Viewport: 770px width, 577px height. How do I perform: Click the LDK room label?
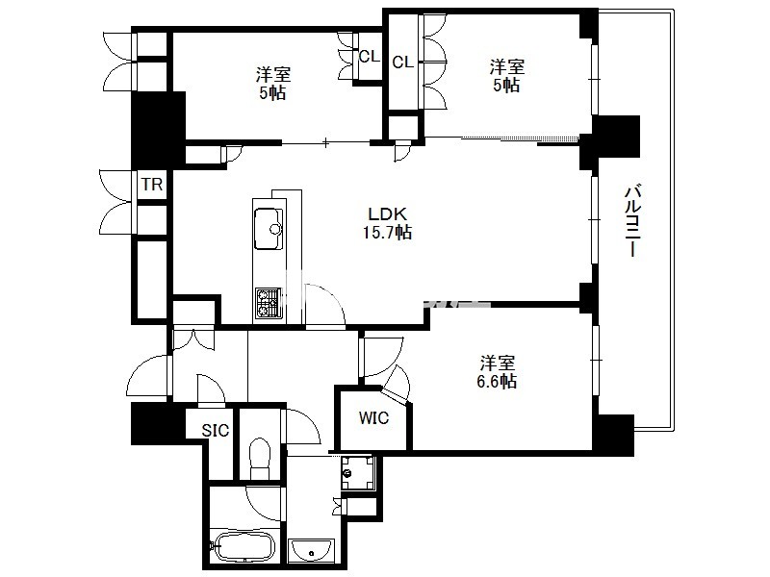tap(388, 213)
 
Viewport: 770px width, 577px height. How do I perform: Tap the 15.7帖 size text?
tap(387, 232)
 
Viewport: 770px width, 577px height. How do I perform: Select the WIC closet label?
tap(373, 418)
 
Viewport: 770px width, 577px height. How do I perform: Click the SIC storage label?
tap(216, 430)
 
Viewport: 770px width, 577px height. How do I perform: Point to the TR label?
tap(152, 185)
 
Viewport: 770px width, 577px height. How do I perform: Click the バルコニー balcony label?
tap(632, 220)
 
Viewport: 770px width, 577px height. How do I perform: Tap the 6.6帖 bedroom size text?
tap(497, 381)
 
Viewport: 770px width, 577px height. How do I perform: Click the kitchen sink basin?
tap(269, 229)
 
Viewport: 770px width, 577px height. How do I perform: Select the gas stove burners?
tap(269, 303)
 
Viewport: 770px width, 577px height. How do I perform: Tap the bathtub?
tap(244, 545)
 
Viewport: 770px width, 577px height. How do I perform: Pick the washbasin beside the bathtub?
tap(311, 550)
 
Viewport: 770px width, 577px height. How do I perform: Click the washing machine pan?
tap(358, 472)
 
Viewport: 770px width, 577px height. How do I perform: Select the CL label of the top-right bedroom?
tap(402, 63)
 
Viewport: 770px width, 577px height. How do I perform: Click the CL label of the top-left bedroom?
tap(370, 57)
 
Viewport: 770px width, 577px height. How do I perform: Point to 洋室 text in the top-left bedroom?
tap(273, 75)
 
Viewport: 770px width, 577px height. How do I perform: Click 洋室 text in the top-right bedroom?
tap(507, 66)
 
